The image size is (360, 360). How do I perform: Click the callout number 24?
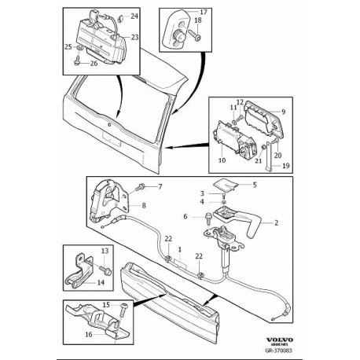133,17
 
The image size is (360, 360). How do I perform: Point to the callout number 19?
285,167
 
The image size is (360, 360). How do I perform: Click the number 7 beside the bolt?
160,186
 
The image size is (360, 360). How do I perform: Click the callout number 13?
103,250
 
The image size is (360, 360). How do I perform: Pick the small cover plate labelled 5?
235,187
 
